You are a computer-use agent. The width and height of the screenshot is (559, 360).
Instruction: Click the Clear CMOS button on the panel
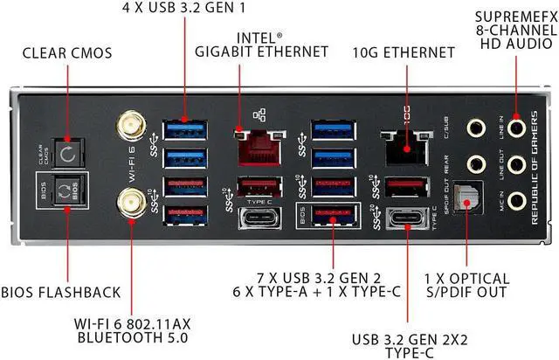coord(66,155)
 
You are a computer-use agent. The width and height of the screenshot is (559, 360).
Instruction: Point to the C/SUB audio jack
coord(475,128)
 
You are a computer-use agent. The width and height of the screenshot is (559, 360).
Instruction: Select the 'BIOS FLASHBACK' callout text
coord(60,292)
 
